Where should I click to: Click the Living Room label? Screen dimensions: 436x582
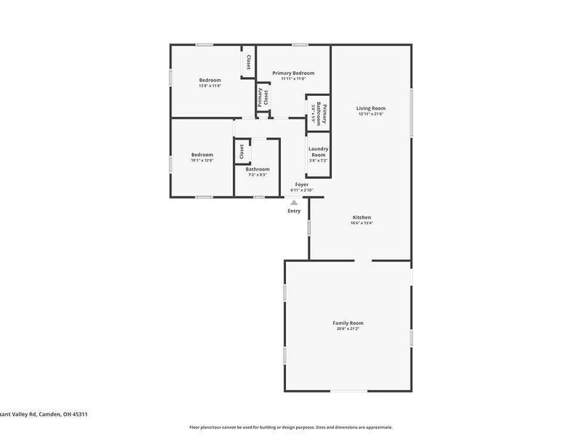(x=371, y=108)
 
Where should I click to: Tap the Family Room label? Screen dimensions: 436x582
(x=348, y=323)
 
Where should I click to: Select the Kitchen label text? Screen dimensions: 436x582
(x=362, y=217)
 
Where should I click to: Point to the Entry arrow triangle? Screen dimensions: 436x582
(x=294, y=203)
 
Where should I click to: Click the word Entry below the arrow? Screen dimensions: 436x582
(x=294, y=211)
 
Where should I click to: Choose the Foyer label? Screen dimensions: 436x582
(x=300, y=185)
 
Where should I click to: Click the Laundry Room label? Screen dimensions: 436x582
(x=318, y=152)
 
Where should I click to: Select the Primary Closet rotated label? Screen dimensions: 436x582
(x=263, y=97)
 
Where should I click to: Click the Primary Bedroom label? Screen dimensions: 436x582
(x=293, y=73)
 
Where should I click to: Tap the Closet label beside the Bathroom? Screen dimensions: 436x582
(x=242, y=151)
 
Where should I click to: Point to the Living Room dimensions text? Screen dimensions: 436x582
(x=371, y=114)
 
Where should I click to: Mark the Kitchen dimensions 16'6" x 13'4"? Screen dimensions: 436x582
(x=362, y=224)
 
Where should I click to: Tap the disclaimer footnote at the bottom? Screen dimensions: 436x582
(x=291, y=427)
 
